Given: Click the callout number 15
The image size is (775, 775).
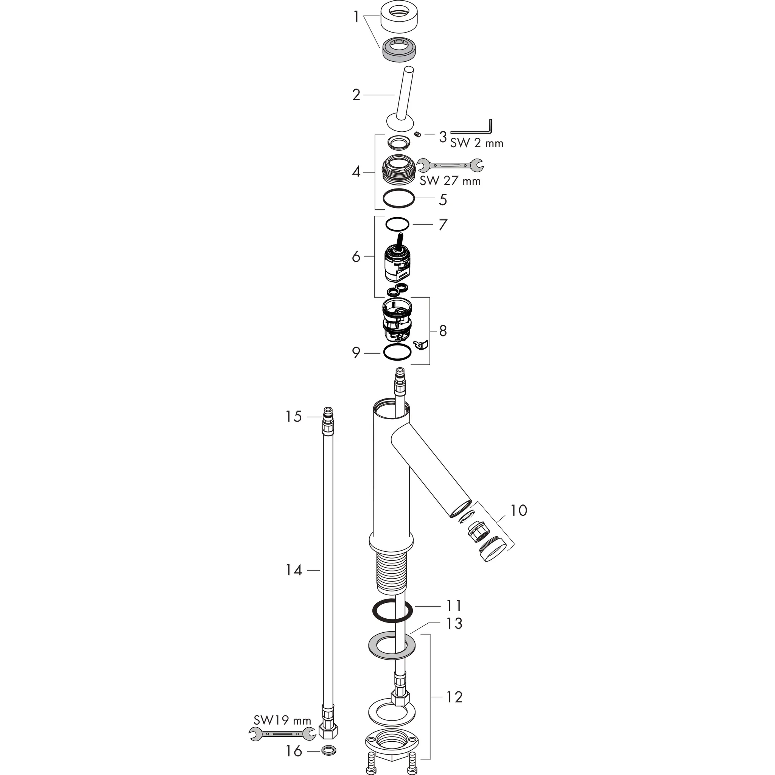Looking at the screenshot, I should (x=293, y=417).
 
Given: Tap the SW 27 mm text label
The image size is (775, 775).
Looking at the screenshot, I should (x=450, y=181).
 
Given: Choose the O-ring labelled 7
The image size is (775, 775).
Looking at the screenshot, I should (x=397, y=224).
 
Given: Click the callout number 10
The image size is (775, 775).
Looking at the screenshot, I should (x=518, y=510).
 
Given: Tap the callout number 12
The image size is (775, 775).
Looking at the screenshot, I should (x=454, y=697).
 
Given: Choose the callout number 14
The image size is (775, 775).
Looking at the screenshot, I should (x=293, y=570).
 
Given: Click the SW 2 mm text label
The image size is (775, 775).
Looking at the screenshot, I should (x=476, y=143).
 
